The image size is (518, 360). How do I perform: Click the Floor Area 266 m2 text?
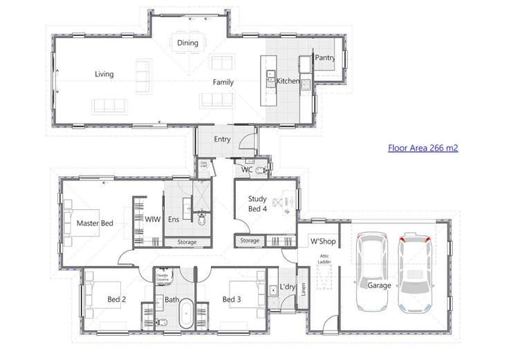[x=423, y=147]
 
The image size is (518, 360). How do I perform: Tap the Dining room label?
[x=187, y=43]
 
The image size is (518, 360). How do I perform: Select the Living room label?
[x=104, y=74]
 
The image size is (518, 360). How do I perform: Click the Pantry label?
[x=325, y=59]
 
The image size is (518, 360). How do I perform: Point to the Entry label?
[x=222, y=139]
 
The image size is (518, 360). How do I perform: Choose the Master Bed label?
[x=95, y=223]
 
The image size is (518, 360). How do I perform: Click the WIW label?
[x=152, y=220]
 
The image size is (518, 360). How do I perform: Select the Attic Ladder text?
[x=324, y=259]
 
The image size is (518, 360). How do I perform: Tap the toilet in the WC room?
[x=261, y=169]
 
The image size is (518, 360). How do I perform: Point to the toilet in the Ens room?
[x=201, y=220]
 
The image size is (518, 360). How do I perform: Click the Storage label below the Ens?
[x=187, y=243]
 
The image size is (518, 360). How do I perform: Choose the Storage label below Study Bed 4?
[x=250, y=241]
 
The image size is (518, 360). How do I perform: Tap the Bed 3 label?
[x=231, y=299]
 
